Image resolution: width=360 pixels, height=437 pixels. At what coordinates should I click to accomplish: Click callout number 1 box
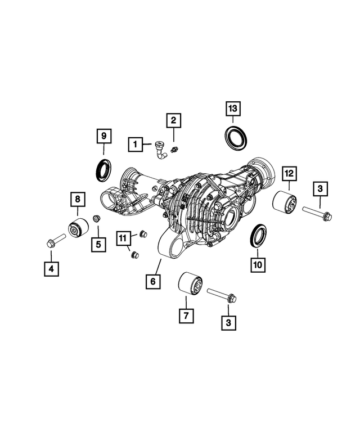click(134, 145)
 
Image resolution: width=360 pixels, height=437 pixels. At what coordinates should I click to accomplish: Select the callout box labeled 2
click(173, 119)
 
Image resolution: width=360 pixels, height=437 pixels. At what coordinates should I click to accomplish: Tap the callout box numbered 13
click(233, 109)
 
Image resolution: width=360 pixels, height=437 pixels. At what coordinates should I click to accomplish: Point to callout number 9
click(103, 136)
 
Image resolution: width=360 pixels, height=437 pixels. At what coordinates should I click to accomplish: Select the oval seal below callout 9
click(102, 168)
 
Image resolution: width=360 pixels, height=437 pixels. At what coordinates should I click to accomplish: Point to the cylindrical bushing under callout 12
click(285, 204)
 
